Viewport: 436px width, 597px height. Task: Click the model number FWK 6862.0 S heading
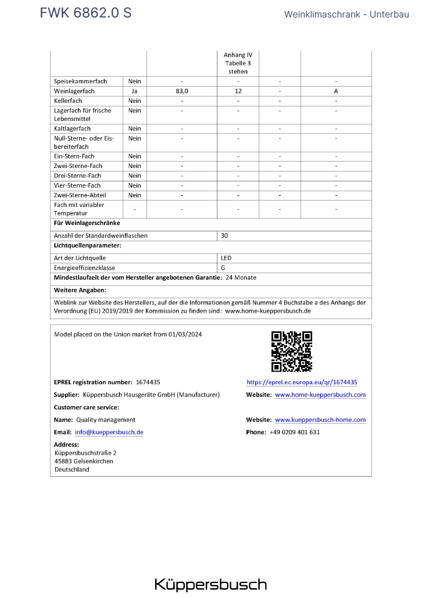85,13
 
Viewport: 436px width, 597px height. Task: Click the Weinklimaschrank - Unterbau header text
346,14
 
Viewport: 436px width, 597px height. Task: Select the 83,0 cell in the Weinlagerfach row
182,91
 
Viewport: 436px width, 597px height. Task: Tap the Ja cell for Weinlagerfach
135,91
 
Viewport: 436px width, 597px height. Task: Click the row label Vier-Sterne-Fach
77,185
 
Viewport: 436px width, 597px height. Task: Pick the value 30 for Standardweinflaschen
224,236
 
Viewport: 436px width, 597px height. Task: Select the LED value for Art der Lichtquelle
226,258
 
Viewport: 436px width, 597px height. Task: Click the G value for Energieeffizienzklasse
223,268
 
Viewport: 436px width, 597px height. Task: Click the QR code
292,351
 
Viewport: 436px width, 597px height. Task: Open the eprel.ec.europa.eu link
302,382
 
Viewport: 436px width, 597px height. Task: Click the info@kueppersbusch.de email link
109,432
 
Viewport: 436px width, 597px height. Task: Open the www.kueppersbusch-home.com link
320,420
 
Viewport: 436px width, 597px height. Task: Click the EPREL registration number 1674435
148,382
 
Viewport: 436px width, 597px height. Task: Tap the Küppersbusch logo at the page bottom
210,584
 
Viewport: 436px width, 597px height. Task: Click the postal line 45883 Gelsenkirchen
84,461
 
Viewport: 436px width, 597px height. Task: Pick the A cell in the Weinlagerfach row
336,91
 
